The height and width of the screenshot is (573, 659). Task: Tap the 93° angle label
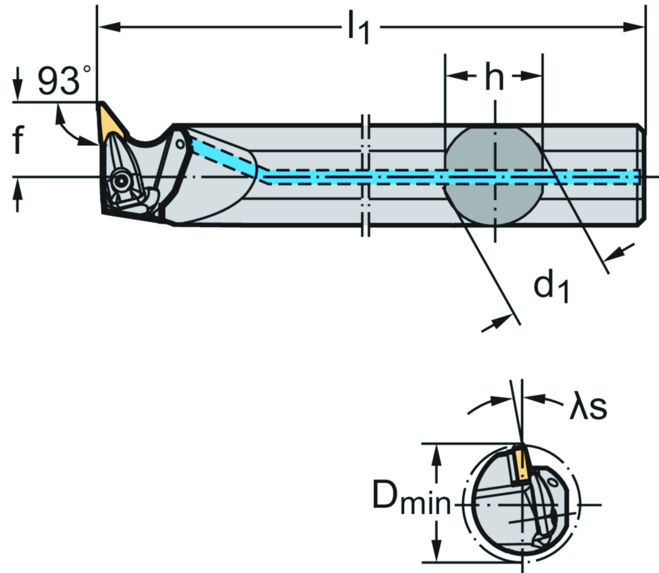coord(64,81)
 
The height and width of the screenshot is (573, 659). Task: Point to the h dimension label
coord(494,78)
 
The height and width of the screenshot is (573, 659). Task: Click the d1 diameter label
coord(552,287)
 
